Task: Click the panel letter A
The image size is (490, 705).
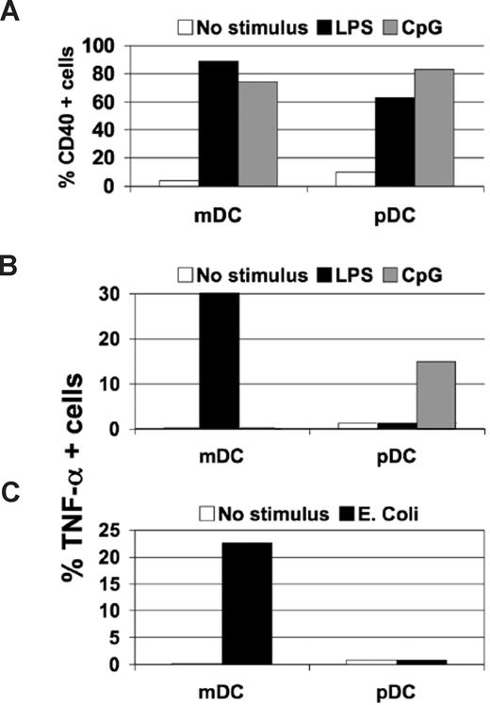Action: pyautogui.click(x=11, y=13)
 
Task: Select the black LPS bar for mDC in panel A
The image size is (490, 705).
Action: pyautogui.click(x=218, y=123)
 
